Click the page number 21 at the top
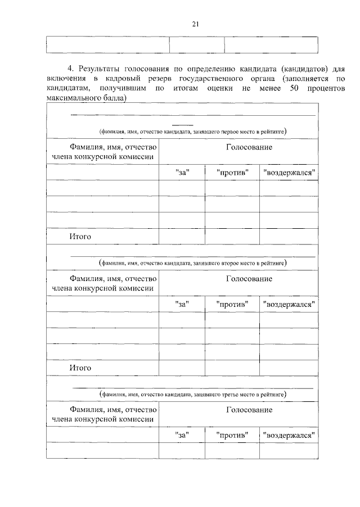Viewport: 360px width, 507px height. (x=196, y=24)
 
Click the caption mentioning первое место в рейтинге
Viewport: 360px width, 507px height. (x=193, y=132)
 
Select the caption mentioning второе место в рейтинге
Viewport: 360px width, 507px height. (x=193, y=262)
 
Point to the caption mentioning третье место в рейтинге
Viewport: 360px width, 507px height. (x=193, y=395)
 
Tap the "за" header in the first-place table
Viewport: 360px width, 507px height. (x=182, y=172)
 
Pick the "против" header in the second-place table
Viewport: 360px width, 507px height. (x=232, y=304)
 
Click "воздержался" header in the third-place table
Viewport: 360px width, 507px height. (x=289, y=434)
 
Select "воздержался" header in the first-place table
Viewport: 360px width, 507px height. (x=289, y=172)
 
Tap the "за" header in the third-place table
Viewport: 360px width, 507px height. (x=182, y=434)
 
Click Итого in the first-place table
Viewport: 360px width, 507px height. (x=80, y=237)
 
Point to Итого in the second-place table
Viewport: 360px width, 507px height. (x=80, y=368)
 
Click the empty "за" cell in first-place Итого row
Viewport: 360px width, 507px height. (x=182, y=237)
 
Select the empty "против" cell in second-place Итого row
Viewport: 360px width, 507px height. (x=232, y=368)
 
